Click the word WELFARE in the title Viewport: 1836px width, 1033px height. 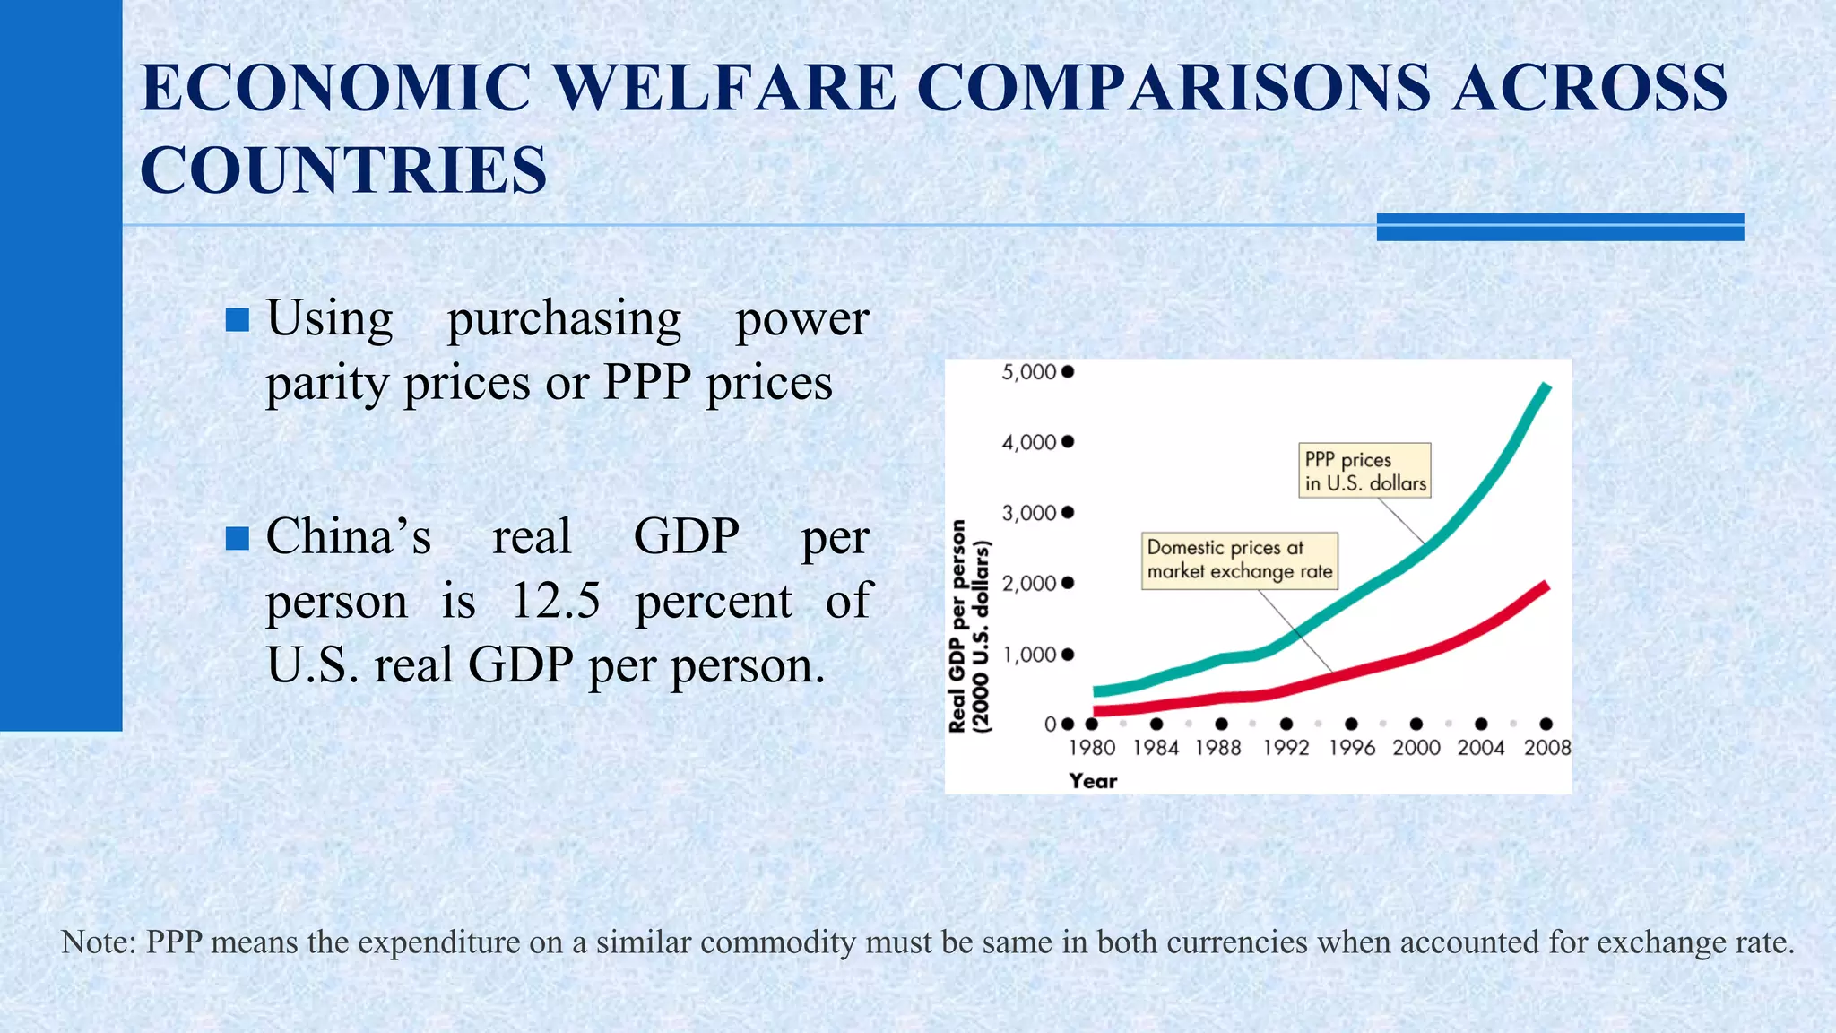pos(723,88)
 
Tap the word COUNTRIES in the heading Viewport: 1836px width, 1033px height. pos(343,170)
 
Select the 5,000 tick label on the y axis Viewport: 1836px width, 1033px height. pos(1028,372)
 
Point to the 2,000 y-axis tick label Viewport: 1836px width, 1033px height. pos(1028,584)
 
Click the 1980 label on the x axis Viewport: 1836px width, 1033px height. pos(1092,748)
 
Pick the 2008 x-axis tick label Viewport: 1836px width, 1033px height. pos(1547,748)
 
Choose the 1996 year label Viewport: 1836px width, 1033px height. pos(1352,748)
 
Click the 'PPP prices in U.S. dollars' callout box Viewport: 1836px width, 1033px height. pos(1364,471)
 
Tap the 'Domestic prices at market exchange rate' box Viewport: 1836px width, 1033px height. pos(1240,560)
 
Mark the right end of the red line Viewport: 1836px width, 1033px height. pos(1546,586)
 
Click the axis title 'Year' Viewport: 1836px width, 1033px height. pos(1093,781)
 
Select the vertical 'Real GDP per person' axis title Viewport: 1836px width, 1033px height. pos(958,626)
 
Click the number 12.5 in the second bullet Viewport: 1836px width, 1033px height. pos(555,601)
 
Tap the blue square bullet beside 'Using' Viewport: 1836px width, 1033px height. pos(238,320)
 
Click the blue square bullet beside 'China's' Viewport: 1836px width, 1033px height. pos(238,538)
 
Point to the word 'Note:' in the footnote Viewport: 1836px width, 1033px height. pos(98,942)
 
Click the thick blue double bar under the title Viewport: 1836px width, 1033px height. pos(1560,227)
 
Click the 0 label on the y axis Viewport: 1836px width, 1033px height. pos(1050,725)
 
